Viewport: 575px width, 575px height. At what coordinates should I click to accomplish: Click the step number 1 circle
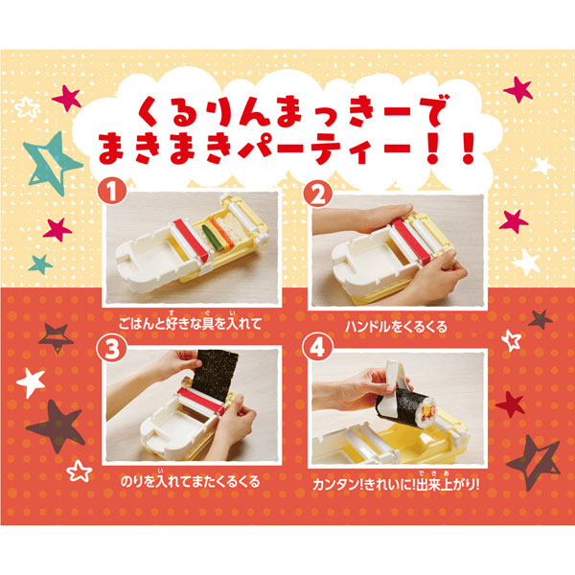point(112,192)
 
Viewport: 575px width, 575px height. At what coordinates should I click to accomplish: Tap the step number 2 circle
point(318,194)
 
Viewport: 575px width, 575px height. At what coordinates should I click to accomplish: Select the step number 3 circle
point(111,349)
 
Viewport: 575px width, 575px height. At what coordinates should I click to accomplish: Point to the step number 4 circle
point(317,348)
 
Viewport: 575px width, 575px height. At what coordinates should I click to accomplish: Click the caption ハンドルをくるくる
point(396,327)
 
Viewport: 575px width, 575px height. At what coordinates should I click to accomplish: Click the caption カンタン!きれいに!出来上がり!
point(396,483)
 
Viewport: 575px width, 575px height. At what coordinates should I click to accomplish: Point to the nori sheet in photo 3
point(215,371)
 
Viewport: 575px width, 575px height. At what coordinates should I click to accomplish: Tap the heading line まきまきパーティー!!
point(286,149)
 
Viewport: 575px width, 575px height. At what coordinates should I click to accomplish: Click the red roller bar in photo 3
point(201,400)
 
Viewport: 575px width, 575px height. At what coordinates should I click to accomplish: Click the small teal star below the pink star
point(40,264)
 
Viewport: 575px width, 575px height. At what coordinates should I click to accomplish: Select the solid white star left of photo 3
point(32,382)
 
